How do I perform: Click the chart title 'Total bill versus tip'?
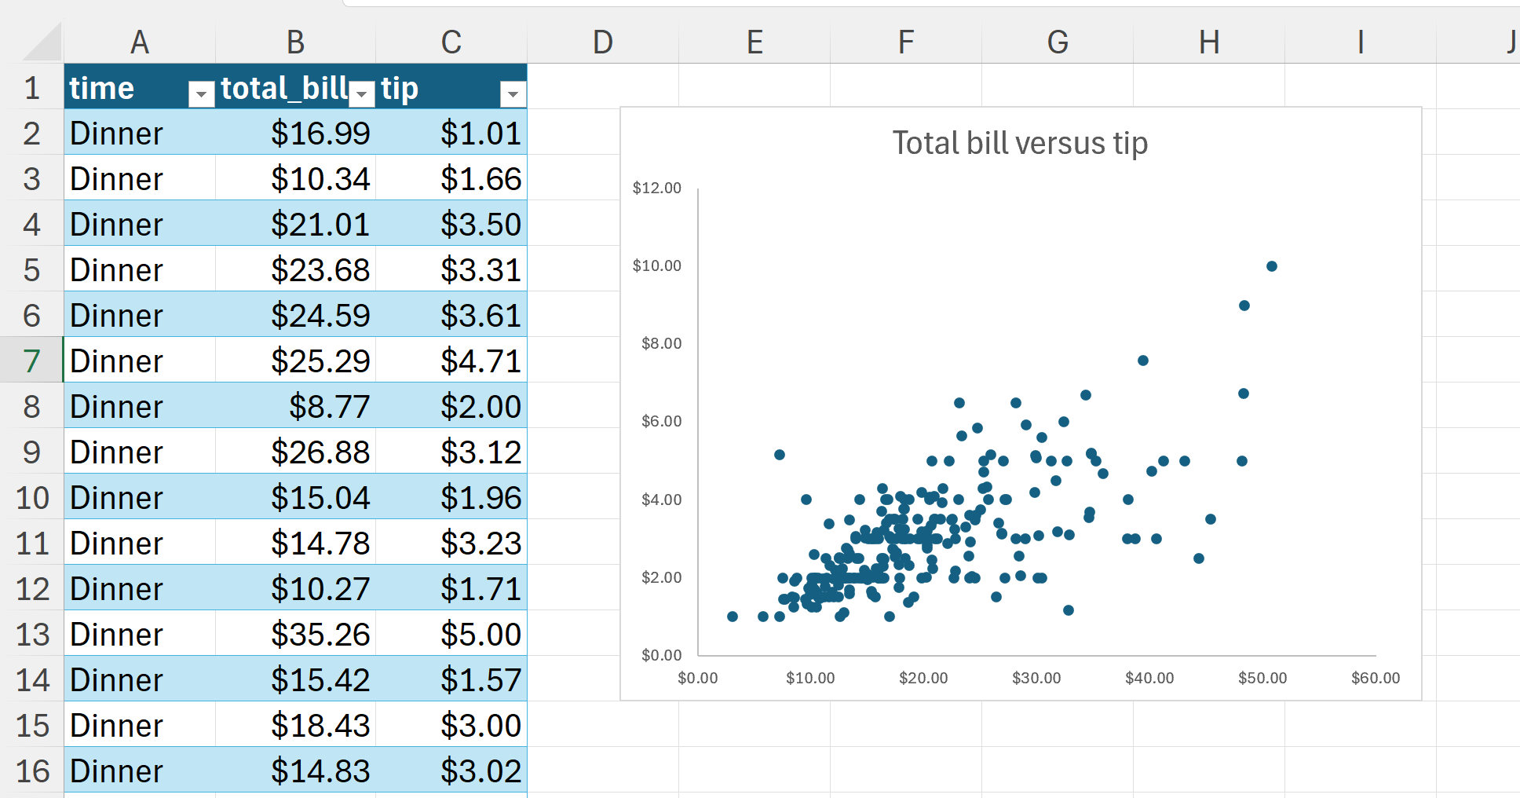coord(1019,144)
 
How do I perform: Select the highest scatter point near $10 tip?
coord(1271,266)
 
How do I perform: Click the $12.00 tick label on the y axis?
coord(656,188)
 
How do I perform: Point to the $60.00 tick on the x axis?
coord(1375,678)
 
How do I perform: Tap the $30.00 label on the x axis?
coord(1036,678)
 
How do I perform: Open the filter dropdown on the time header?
coord(201,94)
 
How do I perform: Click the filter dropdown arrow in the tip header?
coord(512,94)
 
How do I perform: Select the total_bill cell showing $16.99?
coord(320,134)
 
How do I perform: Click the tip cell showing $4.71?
coord(480,361)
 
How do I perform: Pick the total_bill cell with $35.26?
coord(320,635)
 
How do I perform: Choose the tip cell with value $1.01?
coord(480,134)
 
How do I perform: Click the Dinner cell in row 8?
coord(116,407)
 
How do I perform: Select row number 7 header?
coord(31,361)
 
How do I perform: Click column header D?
coord(602,42)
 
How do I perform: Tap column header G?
coord(1057,42)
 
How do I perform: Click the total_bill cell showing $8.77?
coord(328,407)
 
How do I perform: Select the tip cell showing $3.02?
coord(480,771)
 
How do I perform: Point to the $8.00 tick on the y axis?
coord(661,343)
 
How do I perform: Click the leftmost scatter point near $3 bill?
coord(732,617)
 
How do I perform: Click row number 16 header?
coord(32,771)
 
